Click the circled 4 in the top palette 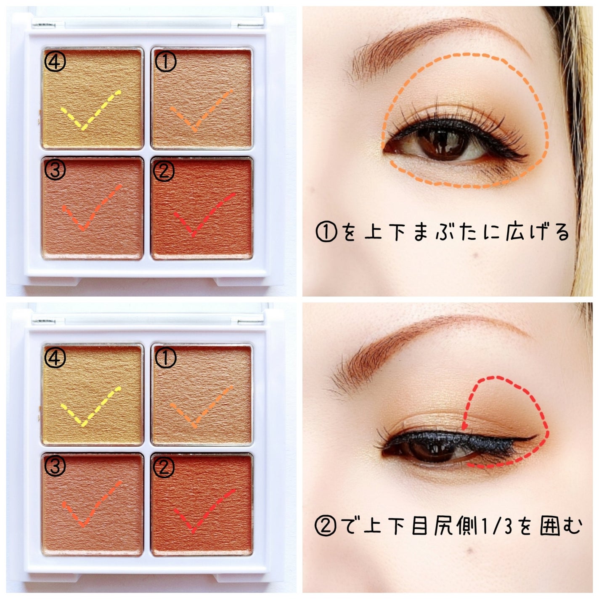(55, 62)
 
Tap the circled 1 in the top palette (165, 61)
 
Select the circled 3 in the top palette (55, 170)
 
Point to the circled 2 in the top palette (164, 171)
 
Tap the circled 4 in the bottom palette (55, 357)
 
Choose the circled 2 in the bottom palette (164, 466)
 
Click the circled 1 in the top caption (326, 231)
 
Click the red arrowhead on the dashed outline (465, 426)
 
